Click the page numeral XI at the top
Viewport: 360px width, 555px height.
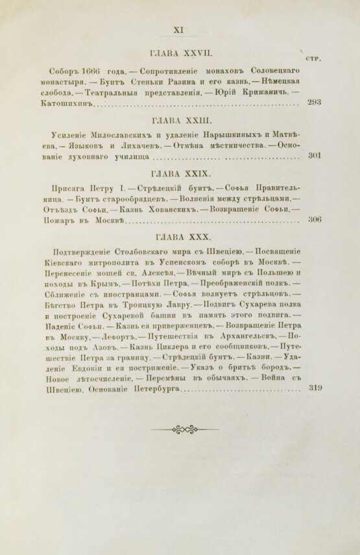point(180,28)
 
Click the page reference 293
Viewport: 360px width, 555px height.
point(313,103)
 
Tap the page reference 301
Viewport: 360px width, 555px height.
point(313,156)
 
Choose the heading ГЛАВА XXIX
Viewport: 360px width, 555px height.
point(179,174)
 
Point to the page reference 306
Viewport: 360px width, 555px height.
point(313,221)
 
